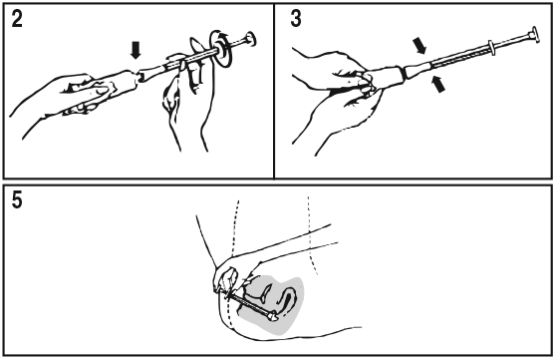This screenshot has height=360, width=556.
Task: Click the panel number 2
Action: click(17, 19)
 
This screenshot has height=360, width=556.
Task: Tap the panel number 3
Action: click(296, 19)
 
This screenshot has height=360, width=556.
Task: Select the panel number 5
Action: click(17, 199)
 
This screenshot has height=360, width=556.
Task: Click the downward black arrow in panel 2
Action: click(136, 50)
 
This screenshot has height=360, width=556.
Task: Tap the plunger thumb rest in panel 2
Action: click(250, 38)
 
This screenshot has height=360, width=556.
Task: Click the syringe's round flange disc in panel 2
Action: click(222, 49)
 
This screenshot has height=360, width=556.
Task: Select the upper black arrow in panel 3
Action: click(419, 46)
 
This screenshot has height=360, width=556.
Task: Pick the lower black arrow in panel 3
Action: click(438, 85)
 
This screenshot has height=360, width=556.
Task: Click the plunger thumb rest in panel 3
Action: click(534, 35)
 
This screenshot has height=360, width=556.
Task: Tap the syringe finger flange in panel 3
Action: click(491, 48)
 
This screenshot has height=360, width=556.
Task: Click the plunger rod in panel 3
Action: click(511, 42)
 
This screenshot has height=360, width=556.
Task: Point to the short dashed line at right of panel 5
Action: click(311, 235)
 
